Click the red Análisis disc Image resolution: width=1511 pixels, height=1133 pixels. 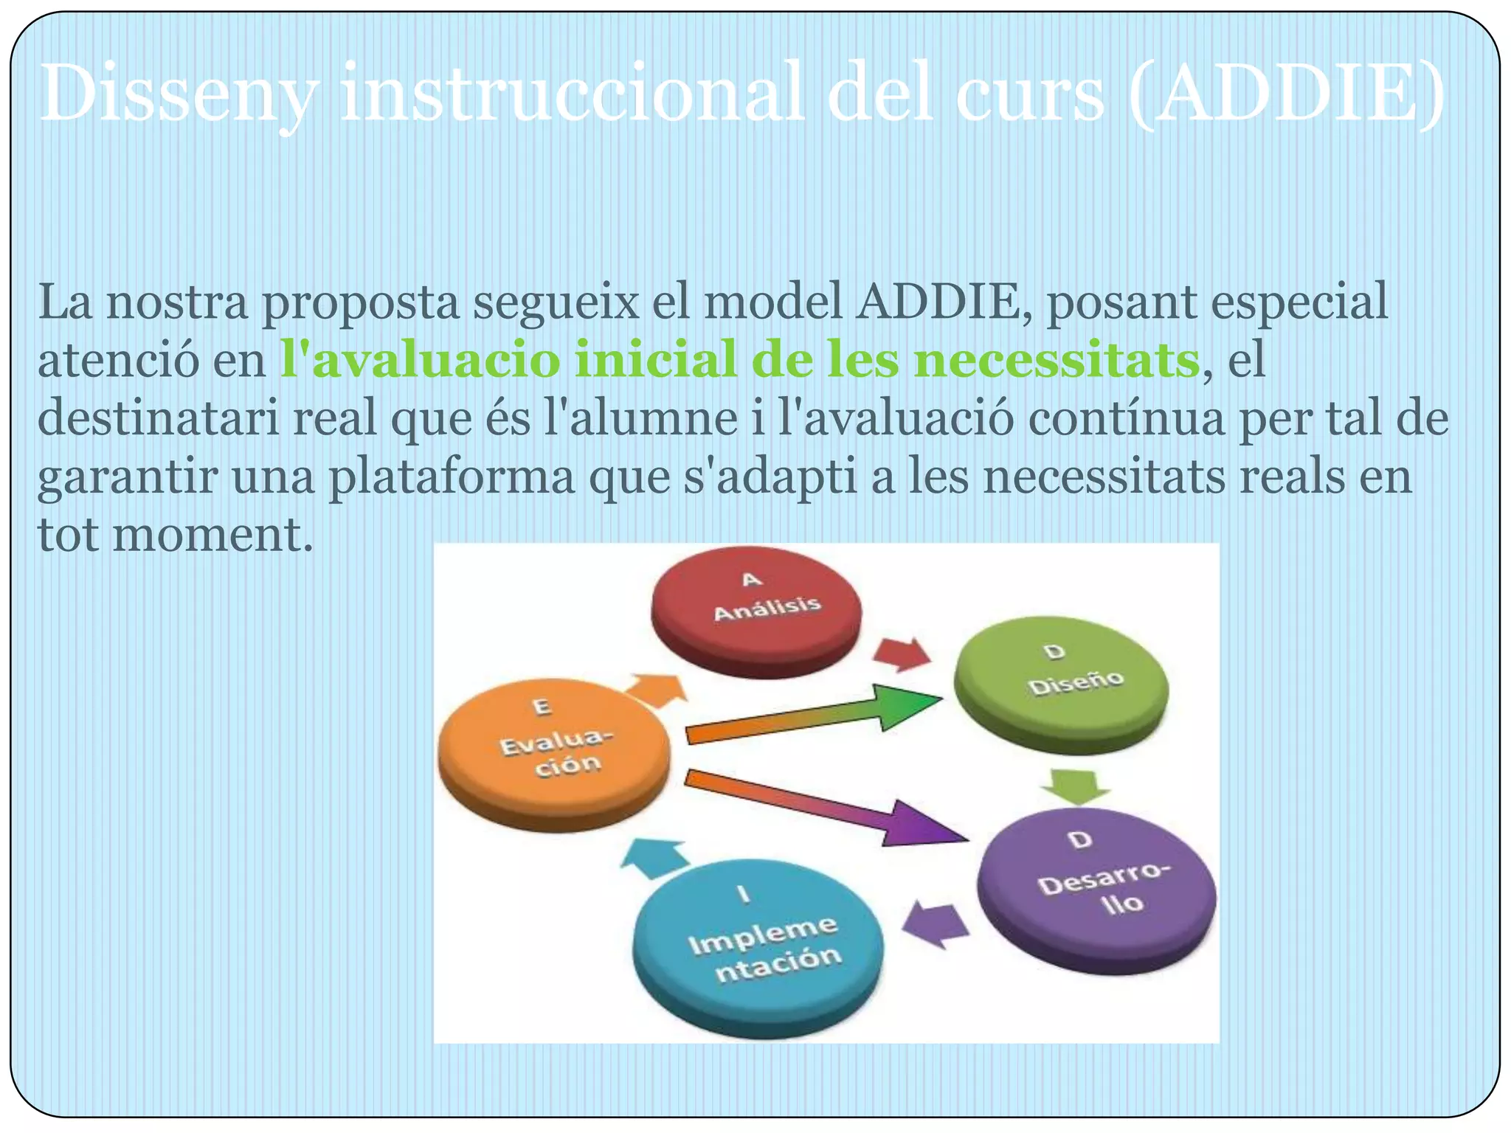point(756,605)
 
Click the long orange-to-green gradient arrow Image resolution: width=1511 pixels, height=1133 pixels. point(812,716)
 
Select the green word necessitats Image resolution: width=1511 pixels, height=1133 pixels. point(1055,360)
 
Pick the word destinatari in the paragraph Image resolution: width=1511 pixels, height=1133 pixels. point(159,418)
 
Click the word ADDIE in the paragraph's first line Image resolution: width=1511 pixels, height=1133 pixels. point(944,302)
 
